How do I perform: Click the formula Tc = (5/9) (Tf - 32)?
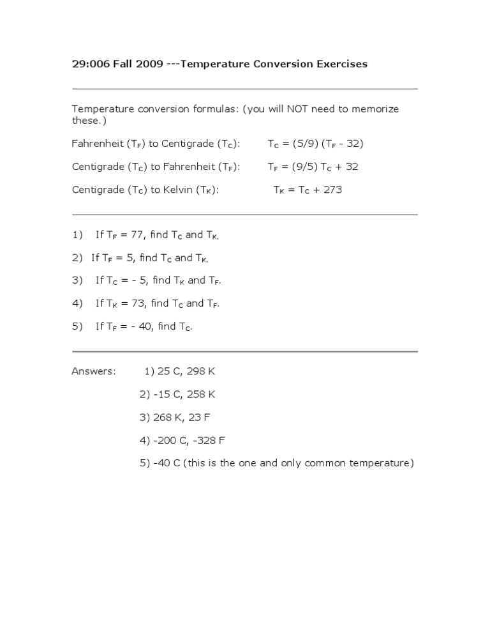point(315,144)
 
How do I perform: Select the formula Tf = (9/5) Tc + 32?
point(313,167)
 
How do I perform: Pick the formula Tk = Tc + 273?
point(308,190)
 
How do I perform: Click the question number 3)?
point(78,280)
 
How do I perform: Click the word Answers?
point(94,371)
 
